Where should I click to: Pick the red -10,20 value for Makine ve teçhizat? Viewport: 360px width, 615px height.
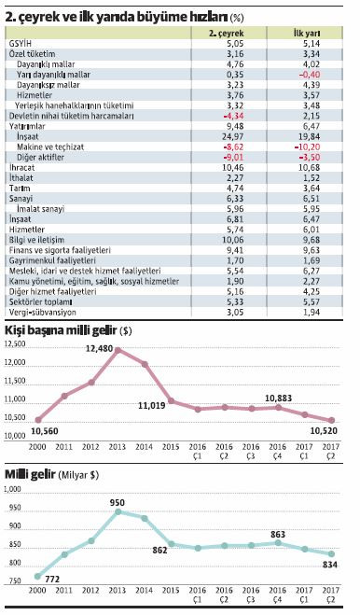(307, 147)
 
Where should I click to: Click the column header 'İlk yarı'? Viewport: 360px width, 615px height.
(307, 33)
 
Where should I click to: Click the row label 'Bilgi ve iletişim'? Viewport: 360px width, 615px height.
(35, 239)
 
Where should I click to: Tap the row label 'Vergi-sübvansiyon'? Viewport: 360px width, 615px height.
(38, 312)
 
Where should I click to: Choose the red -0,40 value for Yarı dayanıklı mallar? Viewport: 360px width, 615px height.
(307, 75)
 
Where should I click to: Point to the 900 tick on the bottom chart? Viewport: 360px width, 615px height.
(16, 529)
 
